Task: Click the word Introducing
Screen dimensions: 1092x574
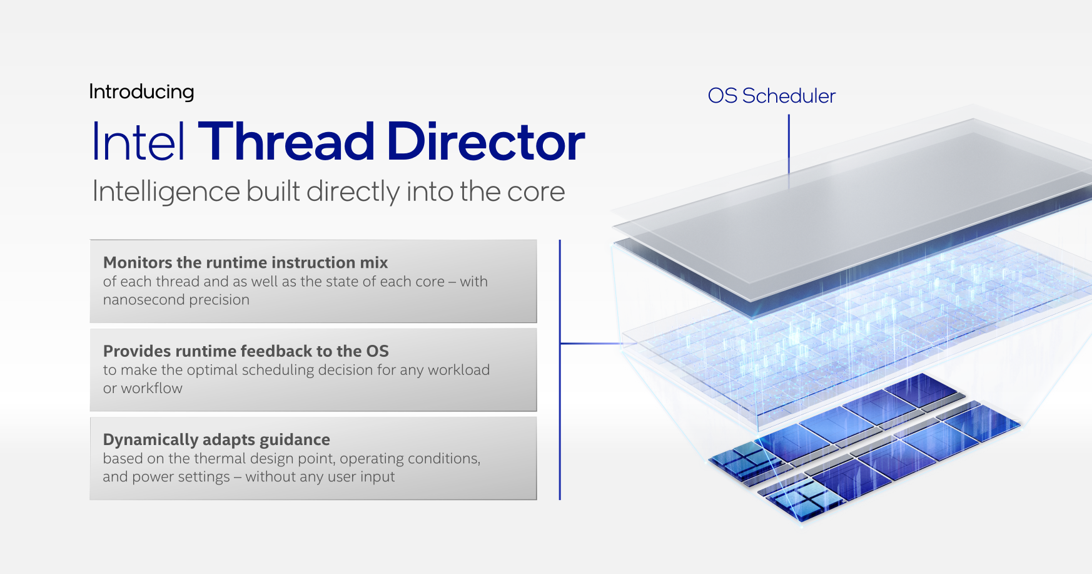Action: (141, 92)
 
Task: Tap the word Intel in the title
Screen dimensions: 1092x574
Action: (138, 141)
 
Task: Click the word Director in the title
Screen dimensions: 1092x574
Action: (486, 141)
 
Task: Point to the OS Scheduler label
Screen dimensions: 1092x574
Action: (771, 96)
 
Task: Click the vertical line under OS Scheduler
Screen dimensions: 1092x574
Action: (789, 151)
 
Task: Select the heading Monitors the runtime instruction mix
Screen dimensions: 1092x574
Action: (245, 262)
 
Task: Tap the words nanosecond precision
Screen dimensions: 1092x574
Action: (176, 300)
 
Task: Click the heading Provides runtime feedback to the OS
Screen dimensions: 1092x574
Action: (246, 351)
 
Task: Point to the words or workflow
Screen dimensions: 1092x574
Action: (143, 388)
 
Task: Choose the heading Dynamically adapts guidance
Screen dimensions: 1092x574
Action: (216, 439)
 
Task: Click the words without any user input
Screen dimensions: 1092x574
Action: (320, 477)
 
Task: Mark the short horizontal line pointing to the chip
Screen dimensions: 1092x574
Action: (591, 343)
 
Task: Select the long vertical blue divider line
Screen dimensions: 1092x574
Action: (560, 369)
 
